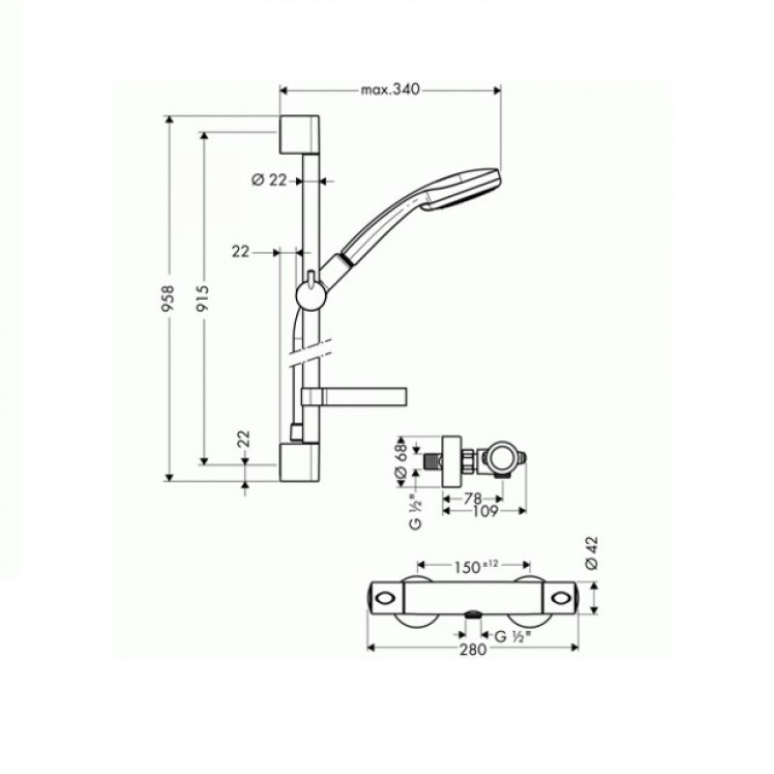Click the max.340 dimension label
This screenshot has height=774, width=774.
pos(390,89)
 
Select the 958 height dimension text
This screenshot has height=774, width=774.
pos(168,298)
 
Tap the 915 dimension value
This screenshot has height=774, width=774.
pos(203,298)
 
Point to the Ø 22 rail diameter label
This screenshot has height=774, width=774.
pos(269,180)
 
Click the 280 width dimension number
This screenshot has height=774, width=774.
pos(473,649)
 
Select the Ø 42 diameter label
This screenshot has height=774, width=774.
pos(592,553)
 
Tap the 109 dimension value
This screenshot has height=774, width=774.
pos(486,512)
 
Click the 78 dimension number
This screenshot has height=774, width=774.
pos(472,498)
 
